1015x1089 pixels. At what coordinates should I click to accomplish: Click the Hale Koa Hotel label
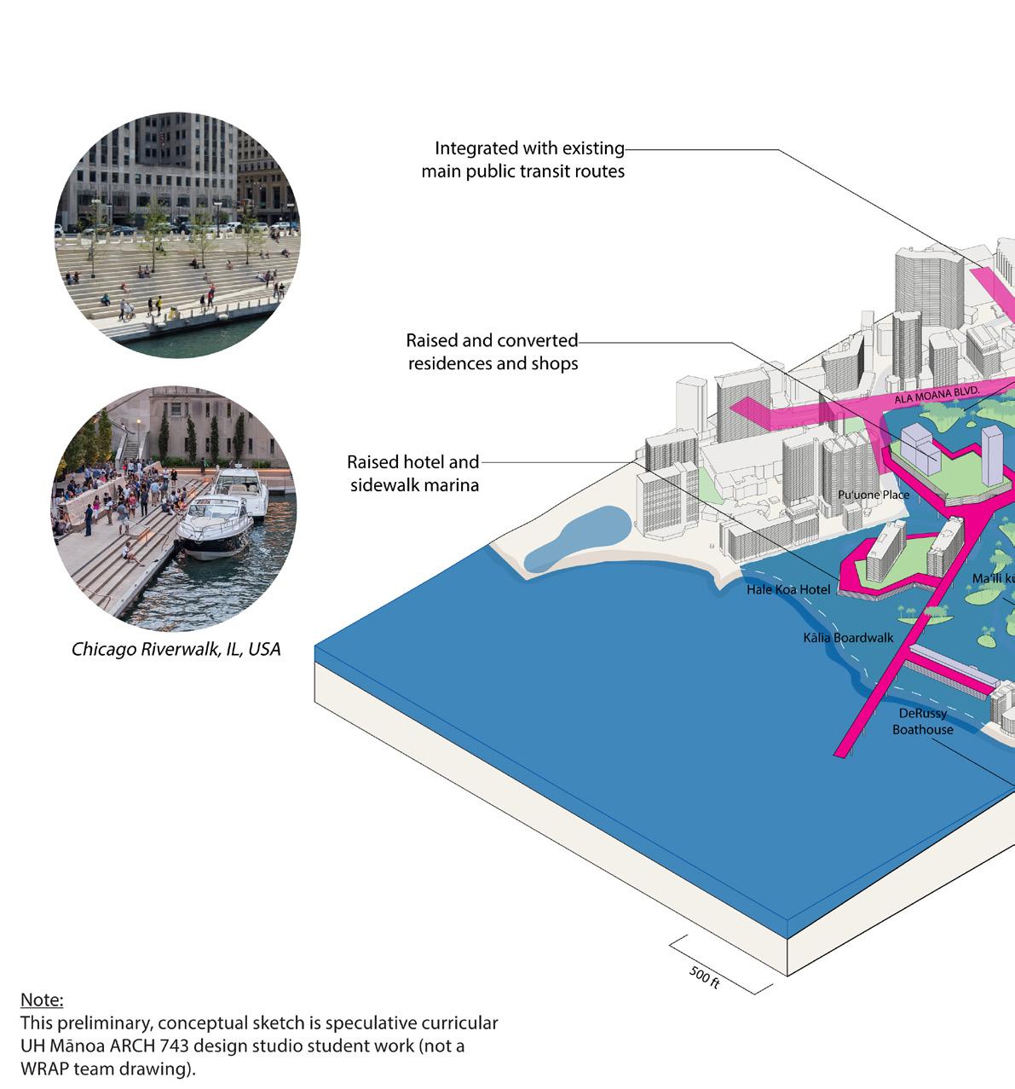coord(788,589)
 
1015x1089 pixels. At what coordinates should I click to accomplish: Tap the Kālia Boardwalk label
coord(848,638)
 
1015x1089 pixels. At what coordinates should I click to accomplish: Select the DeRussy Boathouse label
coord(923,721)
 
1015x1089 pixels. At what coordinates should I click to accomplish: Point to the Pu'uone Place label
coord(874,495)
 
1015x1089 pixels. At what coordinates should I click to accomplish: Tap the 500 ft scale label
coord(704,978)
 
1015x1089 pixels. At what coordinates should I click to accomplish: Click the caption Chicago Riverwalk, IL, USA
coord(176,650)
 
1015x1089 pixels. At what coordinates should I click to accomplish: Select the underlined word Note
coord(42,999)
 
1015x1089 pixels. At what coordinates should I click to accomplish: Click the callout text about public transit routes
coord(523,160)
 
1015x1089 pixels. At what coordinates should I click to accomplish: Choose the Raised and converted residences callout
coord(493,352)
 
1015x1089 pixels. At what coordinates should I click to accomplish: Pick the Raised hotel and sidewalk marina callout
coord(413,473)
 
